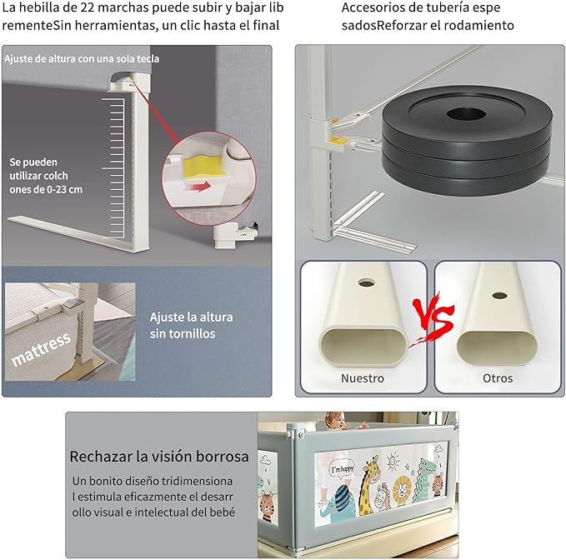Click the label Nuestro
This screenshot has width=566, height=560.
(x=363, y=378)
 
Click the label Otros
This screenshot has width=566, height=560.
(x=498, y=378)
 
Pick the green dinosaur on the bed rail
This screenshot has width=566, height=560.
(x=428, y=483)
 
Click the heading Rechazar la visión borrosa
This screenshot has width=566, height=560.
(x=158, y=457)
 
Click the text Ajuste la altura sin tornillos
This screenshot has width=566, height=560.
(x=191, y=325)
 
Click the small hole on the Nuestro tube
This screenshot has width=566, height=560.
(x=366, y=282)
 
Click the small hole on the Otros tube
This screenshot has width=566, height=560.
(x=498, y=296)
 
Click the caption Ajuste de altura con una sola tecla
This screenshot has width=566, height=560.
(x=81, y=59)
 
